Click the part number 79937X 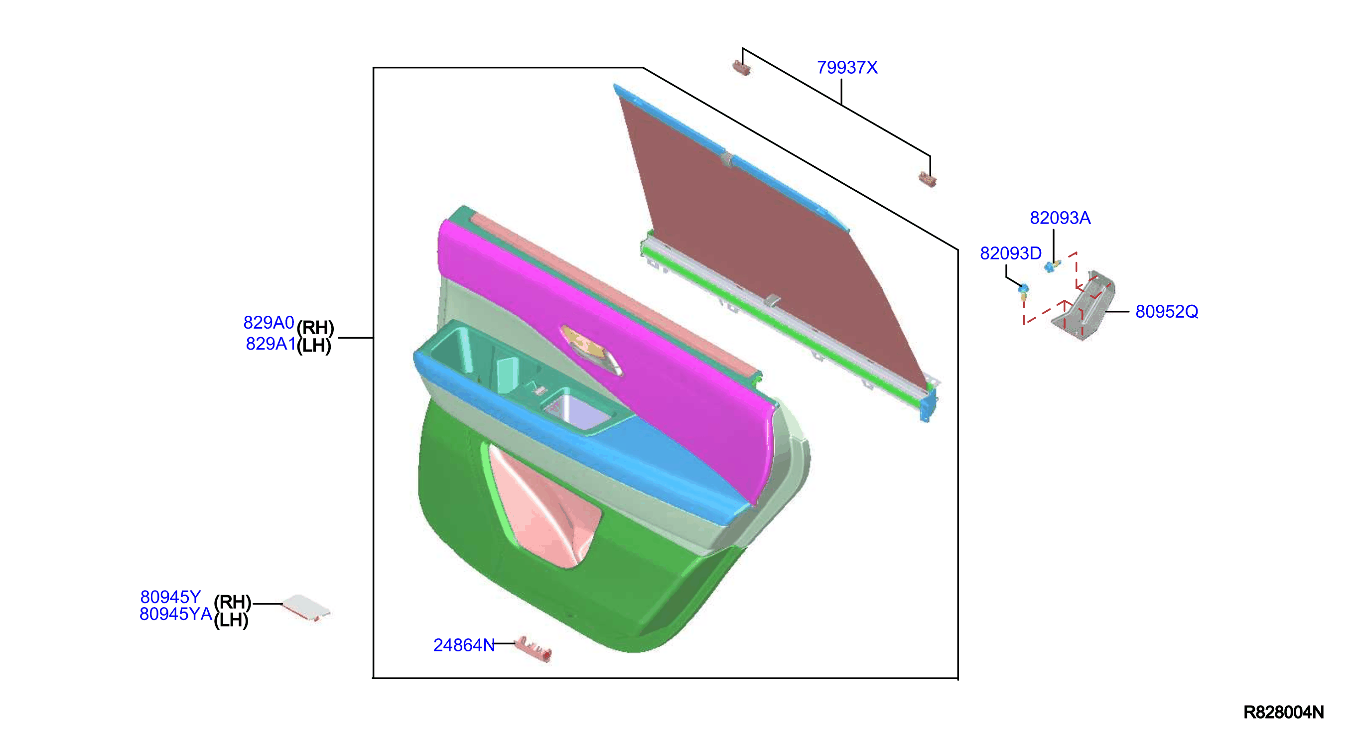[847, 67]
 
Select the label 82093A [1060, 218]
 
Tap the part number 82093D [1010, 253]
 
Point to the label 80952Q [1167, 312]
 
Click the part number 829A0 [269, 322]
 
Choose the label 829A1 [271, 343]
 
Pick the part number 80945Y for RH [170, 597]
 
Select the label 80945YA [176, 614]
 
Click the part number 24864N [464, 645]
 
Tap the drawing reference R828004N [1283, 712]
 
